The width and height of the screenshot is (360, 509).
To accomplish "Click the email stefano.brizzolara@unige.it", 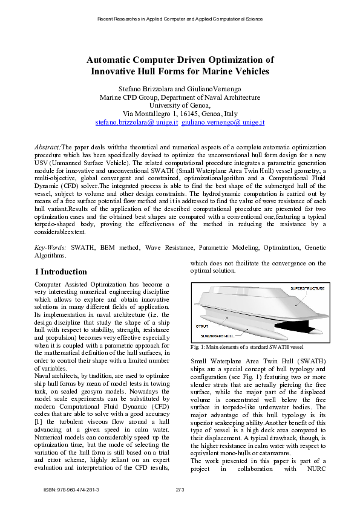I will tap(136, 122).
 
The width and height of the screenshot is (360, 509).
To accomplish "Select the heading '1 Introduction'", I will tap(61, 272).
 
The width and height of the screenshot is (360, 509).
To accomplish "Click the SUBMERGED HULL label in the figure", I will tap(217, 335).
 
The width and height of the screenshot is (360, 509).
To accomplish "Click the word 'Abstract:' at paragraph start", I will tap(47, 147).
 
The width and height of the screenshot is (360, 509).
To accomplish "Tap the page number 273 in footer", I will tap(180, 488).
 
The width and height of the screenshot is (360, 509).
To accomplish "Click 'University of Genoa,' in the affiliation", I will tap(180, 105).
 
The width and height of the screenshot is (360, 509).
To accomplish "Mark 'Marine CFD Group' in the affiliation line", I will tap(127, 97).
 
